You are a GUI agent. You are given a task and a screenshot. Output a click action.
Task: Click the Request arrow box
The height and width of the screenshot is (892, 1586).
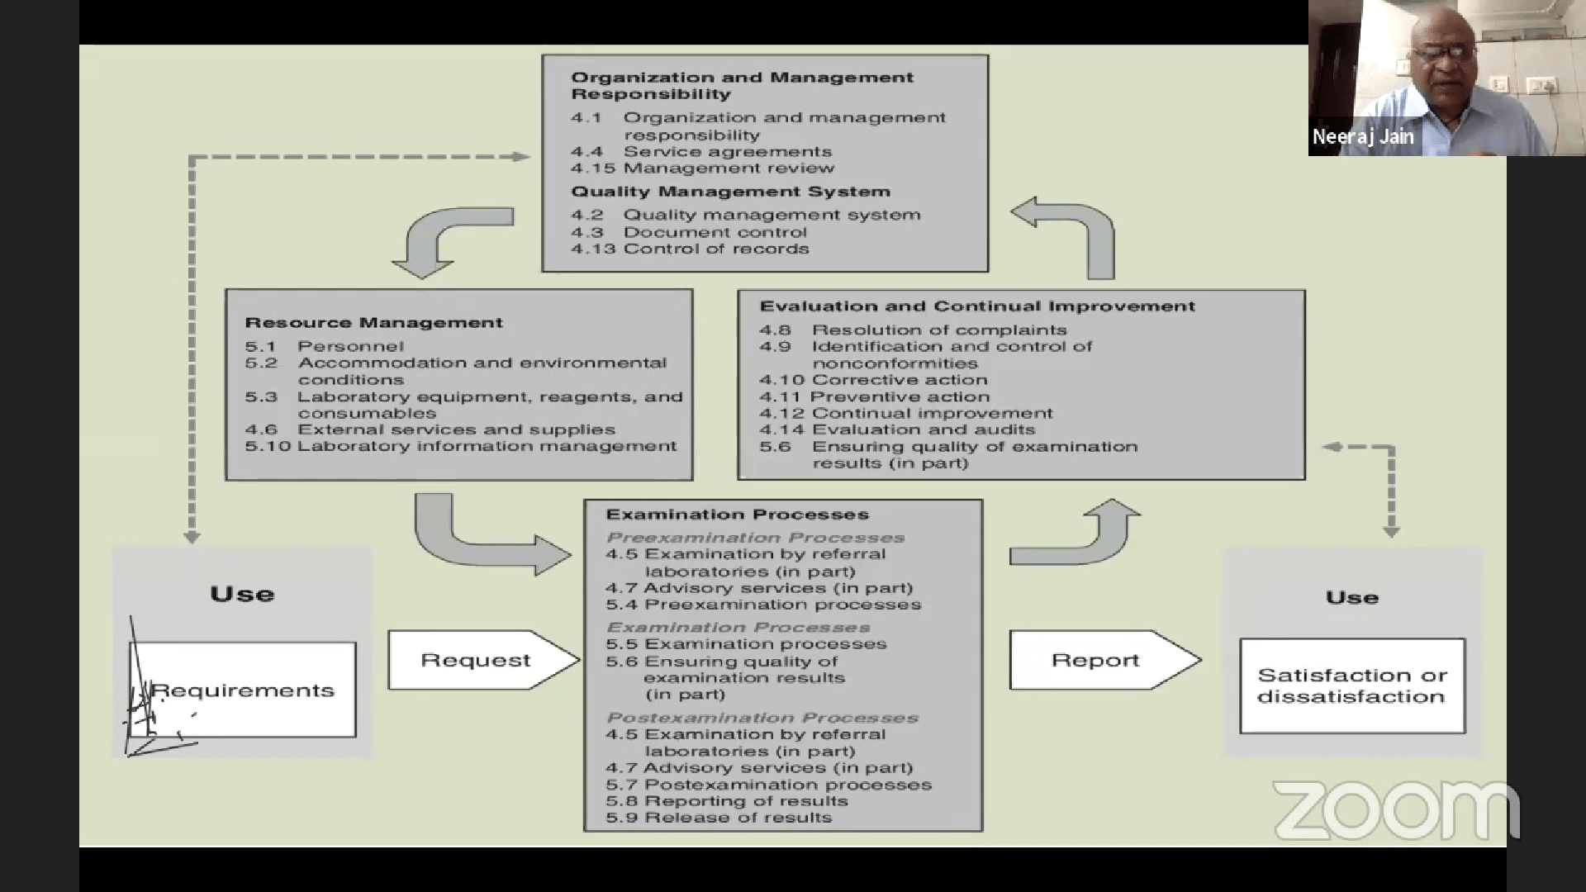click(476, 660)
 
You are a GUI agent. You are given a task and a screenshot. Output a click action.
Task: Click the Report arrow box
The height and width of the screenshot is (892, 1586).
click(1095, 660)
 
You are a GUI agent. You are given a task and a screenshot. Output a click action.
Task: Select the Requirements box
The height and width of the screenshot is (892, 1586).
click(243, 690)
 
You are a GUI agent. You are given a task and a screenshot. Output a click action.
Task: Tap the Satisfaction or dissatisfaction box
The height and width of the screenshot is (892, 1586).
click(1352, 686)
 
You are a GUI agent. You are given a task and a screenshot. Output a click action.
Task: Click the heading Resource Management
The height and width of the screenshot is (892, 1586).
click(373, 323)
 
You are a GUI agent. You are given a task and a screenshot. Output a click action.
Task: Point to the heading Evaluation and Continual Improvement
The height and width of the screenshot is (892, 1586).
click(977, 306)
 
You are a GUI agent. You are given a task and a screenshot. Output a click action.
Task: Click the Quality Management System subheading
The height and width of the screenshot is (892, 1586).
click(730, 192)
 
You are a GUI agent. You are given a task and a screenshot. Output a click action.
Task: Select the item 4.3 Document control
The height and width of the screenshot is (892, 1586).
click(689, 232)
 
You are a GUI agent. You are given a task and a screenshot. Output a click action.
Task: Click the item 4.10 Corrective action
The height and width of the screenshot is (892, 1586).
click(873, 380)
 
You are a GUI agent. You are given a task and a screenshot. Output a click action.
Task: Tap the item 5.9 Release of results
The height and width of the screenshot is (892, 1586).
click(719, 818)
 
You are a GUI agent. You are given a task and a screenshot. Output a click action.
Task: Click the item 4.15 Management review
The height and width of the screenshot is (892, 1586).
click(702, 168)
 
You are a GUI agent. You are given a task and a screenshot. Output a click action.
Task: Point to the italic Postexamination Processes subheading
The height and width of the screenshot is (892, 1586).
click(762, 718)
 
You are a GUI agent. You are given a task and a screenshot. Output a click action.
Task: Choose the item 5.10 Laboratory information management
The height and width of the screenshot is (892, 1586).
click(460, 446)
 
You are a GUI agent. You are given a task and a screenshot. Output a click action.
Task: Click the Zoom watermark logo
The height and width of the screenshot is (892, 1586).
click(1395, 809)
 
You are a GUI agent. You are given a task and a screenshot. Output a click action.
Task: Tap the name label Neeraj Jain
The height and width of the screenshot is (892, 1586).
click(1363, 137)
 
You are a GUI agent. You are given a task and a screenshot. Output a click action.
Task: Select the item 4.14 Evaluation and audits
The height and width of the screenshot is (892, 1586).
click(897, 429)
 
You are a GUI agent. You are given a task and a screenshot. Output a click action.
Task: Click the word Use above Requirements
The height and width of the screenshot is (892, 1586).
click(242, 594)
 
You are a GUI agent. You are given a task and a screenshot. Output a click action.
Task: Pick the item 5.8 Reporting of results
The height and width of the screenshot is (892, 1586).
click(727, 801)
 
